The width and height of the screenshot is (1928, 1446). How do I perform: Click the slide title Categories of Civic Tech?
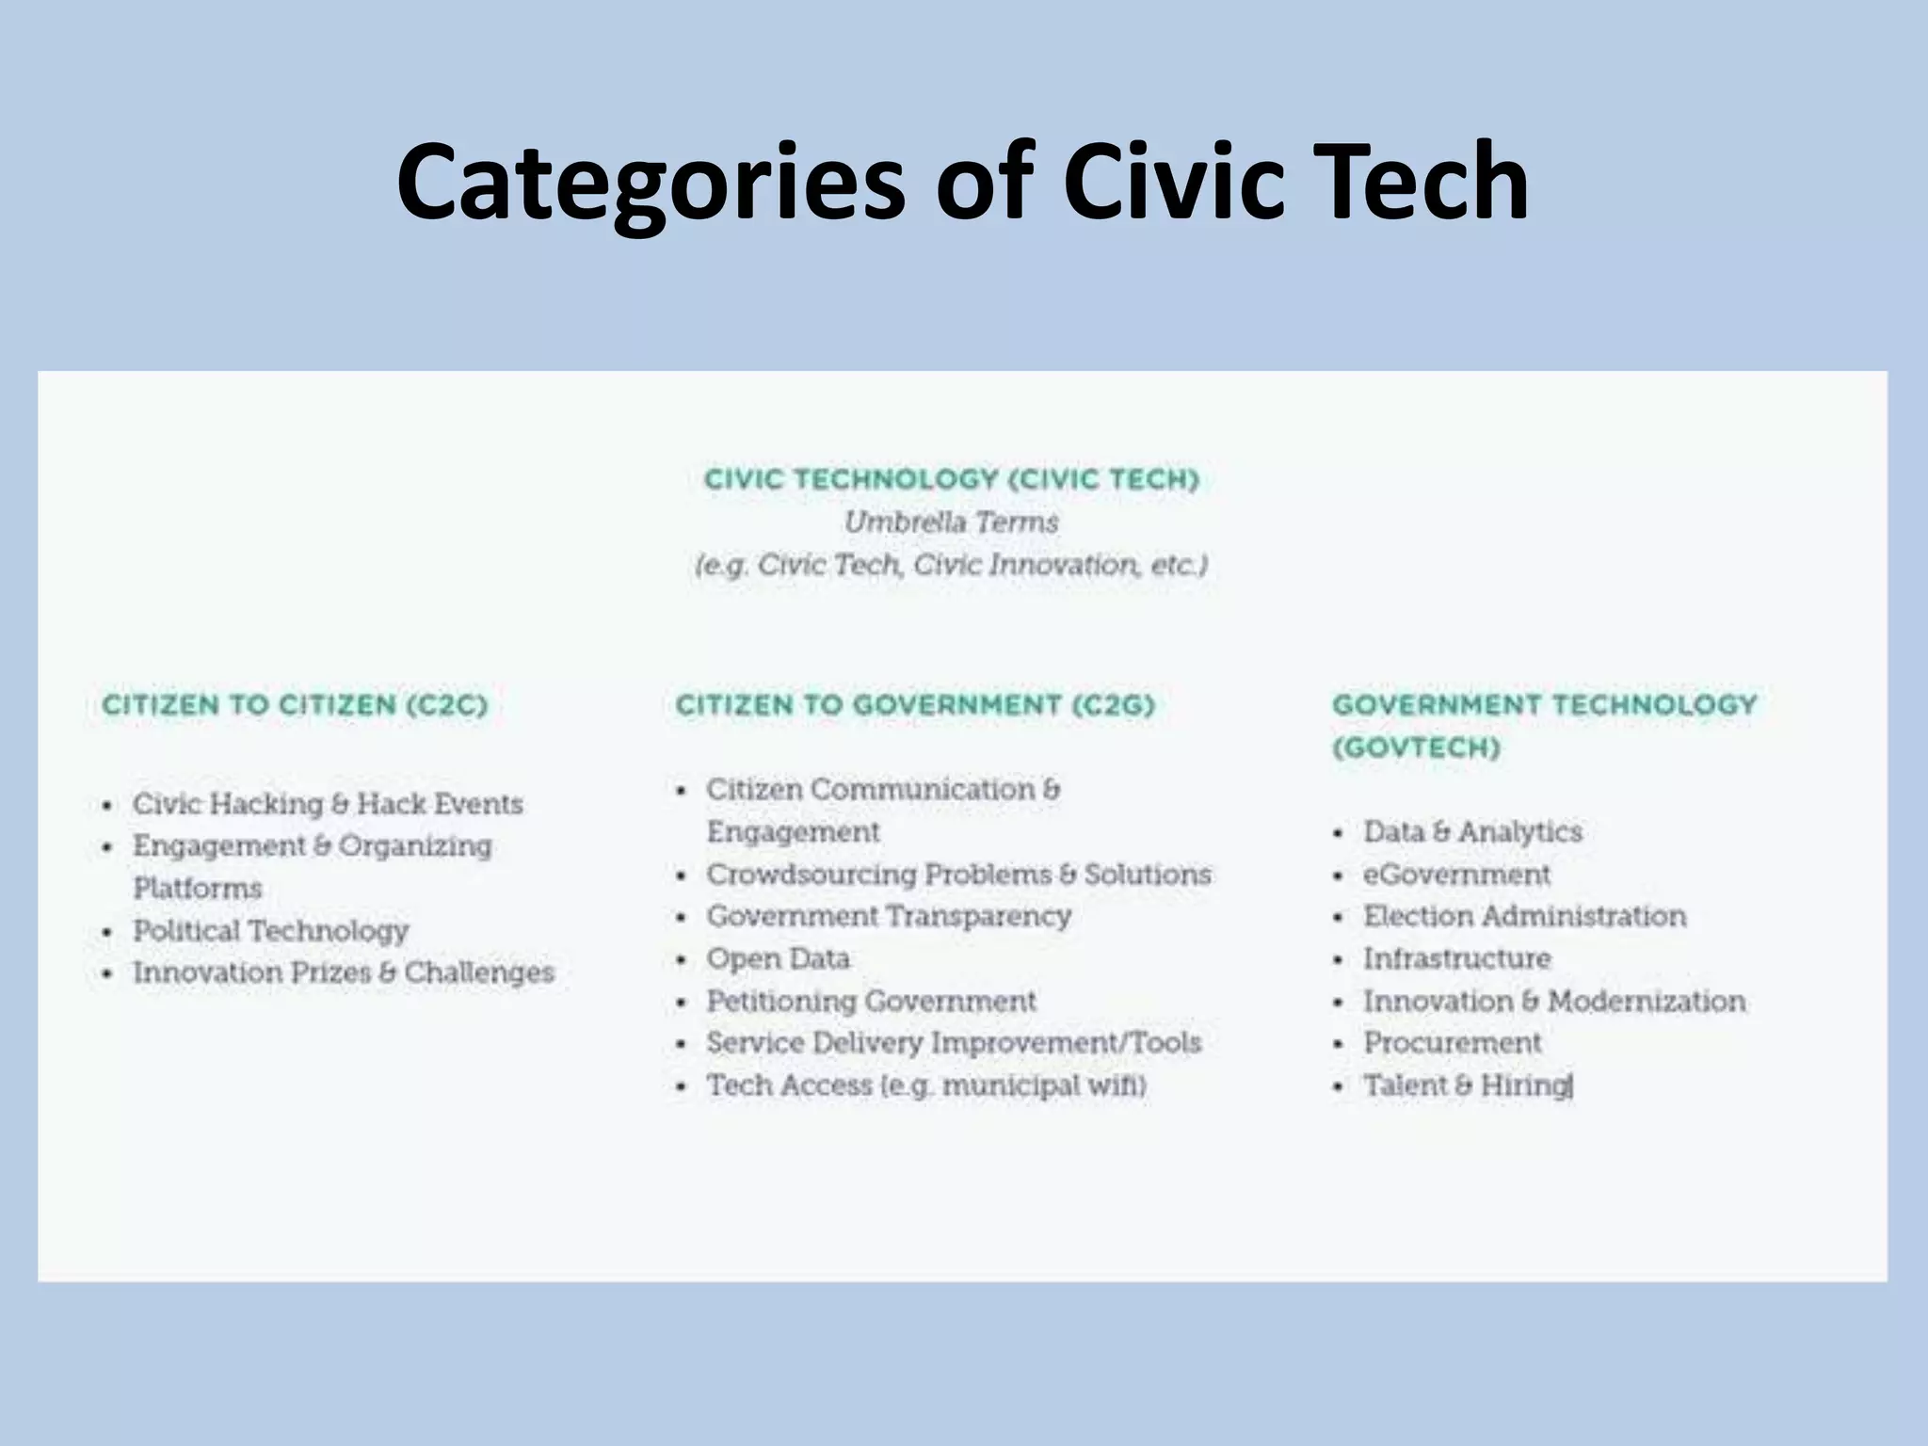tap(962, 181)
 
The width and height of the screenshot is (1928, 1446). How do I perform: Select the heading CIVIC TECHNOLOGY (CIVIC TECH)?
tap(951, 479)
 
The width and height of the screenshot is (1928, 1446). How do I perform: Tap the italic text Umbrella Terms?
tap(951, 522)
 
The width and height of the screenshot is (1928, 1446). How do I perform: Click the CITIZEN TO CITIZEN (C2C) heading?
tap(295, 705)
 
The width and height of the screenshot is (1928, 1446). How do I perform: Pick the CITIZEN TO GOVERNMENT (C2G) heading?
tap(914, 705)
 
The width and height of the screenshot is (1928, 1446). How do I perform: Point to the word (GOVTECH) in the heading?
tap(1416, 747)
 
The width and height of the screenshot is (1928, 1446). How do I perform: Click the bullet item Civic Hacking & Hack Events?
tap(327, 804)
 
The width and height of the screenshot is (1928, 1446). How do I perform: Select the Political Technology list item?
tap(270, 931)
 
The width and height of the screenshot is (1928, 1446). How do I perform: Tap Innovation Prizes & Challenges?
tap(343, 972)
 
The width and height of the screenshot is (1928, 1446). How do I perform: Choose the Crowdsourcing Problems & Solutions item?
tap(958, 875)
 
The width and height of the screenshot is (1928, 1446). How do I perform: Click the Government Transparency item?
tap(889, 916)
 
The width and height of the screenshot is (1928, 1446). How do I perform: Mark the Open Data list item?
tap(778, 958)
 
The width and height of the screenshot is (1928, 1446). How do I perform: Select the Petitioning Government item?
tap(871, 1001)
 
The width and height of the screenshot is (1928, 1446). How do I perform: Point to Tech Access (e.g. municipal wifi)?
tap(926, 1085)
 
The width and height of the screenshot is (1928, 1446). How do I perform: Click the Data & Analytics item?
tap(1472, 832)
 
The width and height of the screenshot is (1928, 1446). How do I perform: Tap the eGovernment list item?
tap(1456, 875)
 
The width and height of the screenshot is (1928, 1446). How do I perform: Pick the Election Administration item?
tap(1524, 916)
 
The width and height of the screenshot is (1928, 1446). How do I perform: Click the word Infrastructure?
tap(1456, 958)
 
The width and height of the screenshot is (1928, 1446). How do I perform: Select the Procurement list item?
tap(1452, 1043)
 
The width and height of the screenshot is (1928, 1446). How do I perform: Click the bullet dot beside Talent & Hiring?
tap(1338, 1087)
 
